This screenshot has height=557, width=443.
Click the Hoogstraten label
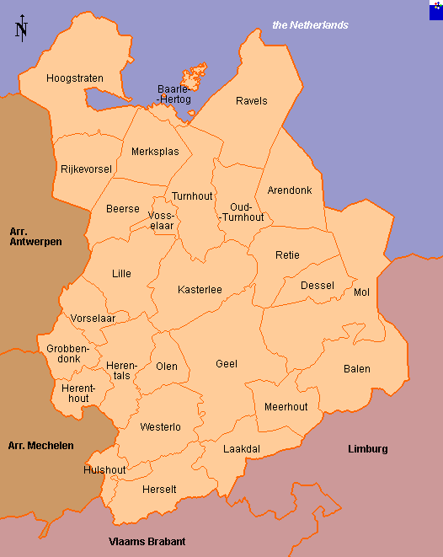(x=75, y=78)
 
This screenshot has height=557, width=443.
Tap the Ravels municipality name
(x=251, y=101)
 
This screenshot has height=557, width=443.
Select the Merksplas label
(x=155, y=152)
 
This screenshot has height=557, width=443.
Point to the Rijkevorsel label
(x=86, y=169)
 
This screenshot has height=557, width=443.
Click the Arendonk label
(x=289, y=190)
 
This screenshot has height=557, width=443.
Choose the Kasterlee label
(x=200, y=290)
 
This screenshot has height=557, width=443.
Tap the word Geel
(x=227, y=364)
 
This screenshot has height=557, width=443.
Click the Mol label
(x=362, y=292)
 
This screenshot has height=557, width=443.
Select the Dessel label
(x=318, y=286)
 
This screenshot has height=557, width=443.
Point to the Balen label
(x=356, y=369)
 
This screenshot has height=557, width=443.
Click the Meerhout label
(x=286, y=406)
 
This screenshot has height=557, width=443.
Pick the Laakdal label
(x=242, y=449)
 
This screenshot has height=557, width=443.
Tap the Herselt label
(x=159, y=490)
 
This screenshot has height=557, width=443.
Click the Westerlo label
(x=160, y=427)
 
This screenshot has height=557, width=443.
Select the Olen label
(x=167, y=367)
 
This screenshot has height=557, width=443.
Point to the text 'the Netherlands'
(x=310, y=25)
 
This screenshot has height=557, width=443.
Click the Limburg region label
(x=368, y=449)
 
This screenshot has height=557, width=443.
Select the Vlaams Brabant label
(x=147, y=542)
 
